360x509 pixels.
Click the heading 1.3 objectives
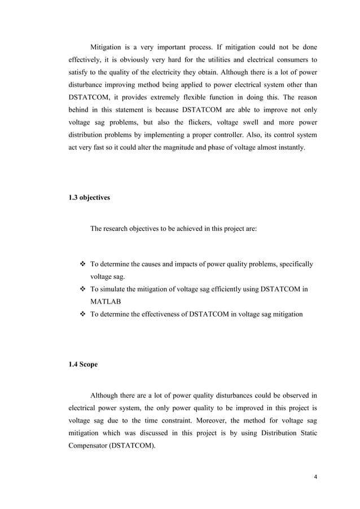tap(90, 199)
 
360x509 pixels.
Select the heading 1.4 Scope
tap(83, 364)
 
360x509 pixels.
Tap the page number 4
tap(315, 477)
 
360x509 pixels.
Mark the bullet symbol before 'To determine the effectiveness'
tap(82, 314)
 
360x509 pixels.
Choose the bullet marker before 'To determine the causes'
tap(82, 265)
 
